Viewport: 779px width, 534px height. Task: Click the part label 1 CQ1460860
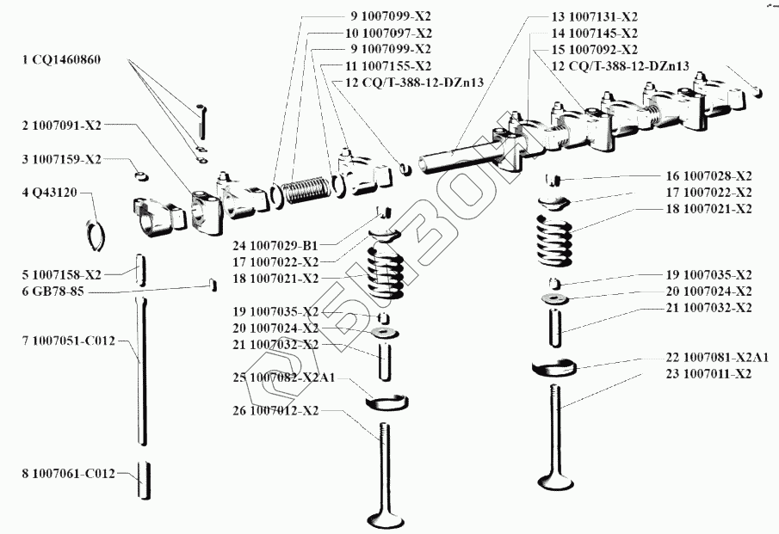click(x=61, y=59)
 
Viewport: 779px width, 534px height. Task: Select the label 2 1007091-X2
click(x=62, y=126)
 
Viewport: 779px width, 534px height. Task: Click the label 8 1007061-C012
click(x=68, y=473)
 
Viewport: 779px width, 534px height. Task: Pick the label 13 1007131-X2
click(x=594, y=16)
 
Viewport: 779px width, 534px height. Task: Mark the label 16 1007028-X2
click(x=708, y=175)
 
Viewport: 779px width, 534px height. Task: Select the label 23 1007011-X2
click(x=708, y=373)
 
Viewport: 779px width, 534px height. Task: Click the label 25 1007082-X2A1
click(x=283, y=377)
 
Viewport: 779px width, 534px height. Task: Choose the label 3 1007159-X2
click(x=62, y=159)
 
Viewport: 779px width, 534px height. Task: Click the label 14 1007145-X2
click(x=594, y=33)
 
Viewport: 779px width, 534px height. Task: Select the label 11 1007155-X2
click(x=388, y=65)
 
